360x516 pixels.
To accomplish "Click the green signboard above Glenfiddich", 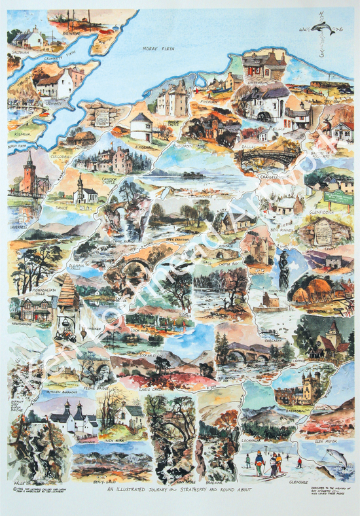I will (338, 197).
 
